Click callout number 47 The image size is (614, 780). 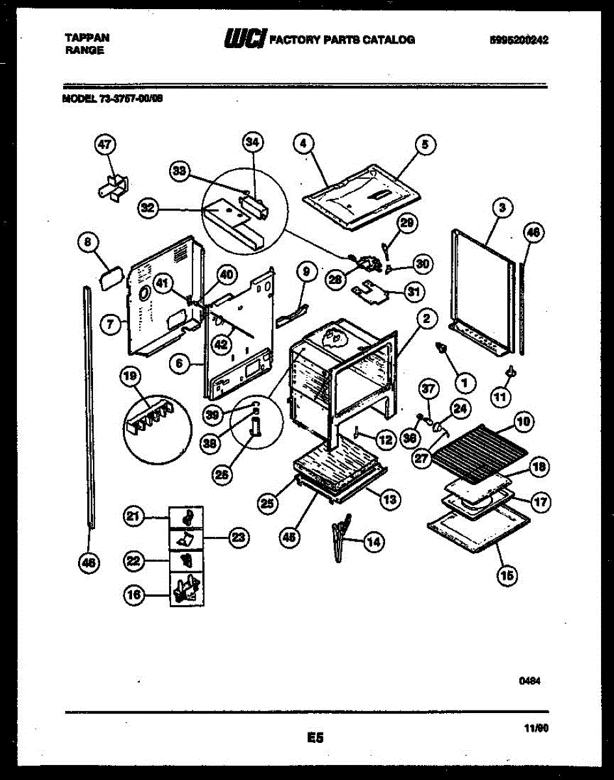tap(104, 146)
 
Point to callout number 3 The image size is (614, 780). tap(501, 208)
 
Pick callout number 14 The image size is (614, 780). tap(373, 541)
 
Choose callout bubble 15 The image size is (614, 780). tap(507, 574)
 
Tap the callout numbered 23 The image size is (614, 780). tap(239, 537)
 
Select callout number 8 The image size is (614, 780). tap(88, 243)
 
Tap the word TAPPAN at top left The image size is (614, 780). tap(87, 38)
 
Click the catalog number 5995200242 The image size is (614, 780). tap(519, 40)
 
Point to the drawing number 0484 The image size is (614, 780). tap(530, 681)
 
